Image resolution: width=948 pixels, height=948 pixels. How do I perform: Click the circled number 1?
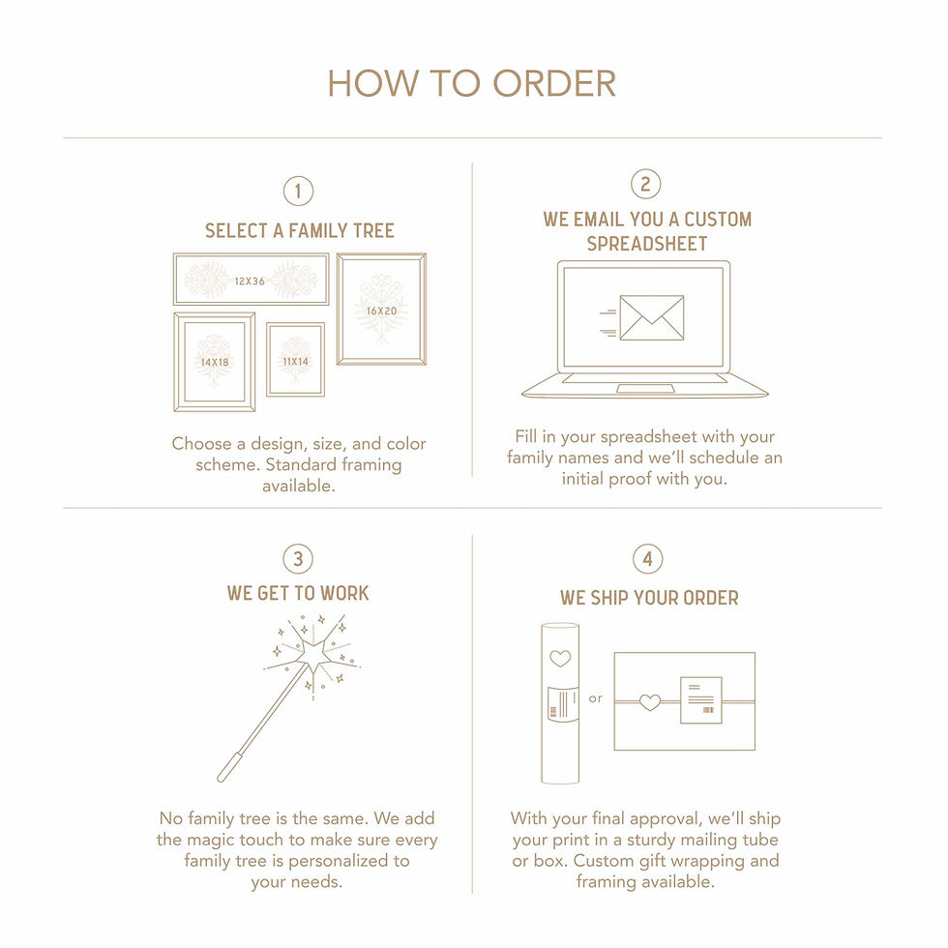(298, 192)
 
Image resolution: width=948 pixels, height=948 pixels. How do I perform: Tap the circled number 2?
(646, 184)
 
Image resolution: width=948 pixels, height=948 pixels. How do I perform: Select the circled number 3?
(298, 559)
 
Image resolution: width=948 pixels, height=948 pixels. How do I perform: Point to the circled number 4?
(647, 559)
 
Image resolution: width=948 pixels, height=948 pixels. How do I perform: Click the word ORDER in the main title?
(554, 83)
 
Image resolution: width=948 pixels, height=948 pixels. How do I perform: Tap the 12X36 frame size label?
(250, 281)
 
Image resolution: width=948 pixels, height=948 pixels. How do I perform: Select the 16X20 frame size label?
(381, 311)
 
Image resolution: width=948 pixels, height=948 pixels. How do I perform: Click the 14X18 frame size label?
(215, 362)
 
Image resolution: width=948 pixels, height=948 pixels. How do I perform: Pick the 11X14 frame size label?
(296, 362)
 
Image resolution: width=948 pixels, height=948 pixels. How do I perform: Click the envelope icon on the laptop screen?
(652, 318)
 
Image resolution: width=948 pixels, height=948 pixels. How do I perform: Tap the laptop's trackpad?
(646, 388)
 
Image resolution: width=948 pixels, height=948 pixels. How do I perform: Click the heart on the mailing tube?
(560, 658)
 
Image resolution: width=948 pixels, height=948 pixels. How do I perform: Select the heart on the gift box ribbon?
(650, 702)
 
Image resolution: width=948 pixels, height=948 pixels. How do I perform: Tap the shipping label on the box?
(701, 700)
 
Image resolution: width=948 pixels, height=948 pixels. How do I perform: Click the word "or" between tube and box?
(596, 698)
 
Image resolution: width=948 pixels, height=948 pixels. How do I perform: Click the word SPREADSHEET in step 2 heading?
(647, 244)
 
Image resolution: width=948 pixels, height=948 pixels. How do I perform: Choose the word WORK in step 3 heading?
(344, 593)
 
